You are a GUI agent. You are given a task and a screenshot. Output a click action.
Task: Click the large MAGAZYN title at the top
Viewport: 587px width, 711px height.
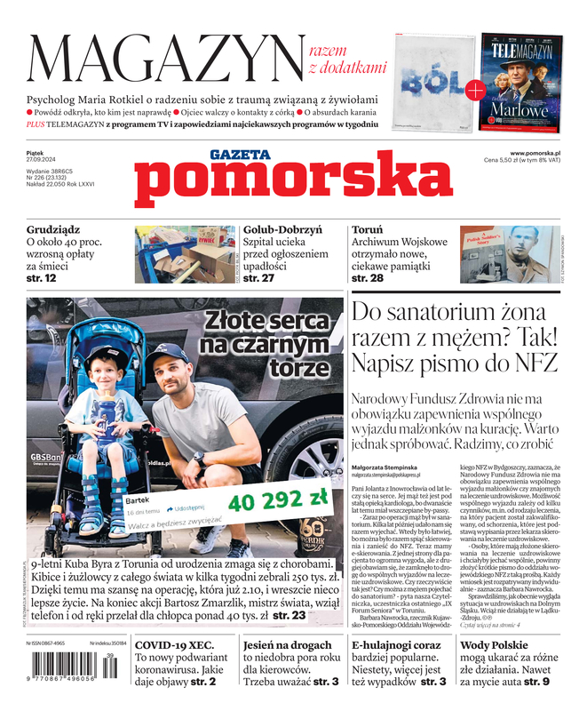[164, 58]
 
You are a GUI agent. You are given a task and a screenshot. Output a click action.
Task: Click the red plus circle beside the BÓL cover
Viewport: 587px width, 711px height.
[475, 89]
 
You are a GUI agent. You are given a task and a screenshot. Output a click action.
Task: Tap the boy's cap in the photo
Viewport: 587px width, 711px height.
[109, 355]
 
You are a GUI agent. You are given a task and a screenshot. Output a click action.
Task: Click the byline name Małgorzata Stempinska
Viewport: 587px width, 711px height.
[390, 466]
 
